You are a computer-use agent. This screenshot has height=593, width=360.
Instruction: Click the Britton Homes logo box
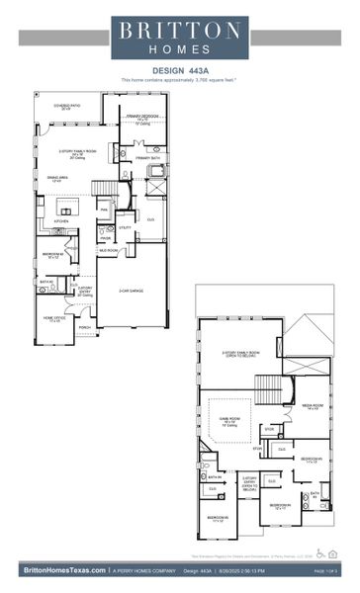click(179, 37)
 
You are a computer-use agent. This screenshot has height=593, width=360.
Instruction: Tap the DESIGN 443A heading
click(179, 70)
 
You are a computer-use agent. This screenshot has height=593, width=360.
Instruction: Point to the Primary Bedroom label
click(143, 118)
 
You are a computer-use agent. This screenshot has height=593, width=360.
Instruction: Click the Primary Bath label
click(148, 158)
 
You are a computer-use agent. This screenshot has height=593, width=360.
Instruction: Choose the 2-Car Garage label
click(133, 290)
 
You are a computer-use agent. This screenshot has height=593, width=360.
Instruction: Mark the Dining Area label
click(57, 178)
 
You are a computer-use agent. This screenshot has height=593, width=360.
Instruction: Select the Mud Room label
click(106, 251)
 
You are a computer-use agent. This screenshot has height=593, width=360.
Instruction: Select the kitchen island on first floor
click(68, 209)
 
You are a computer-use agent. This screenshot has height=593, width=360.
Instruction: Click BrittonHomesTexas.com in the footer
click(60, 570)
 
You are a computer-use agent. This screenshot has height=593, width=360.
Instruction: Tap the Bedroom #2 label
click(53, 255)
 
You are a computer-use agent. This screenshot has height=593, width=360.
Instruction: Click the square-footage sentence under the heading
click(179, 79)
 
